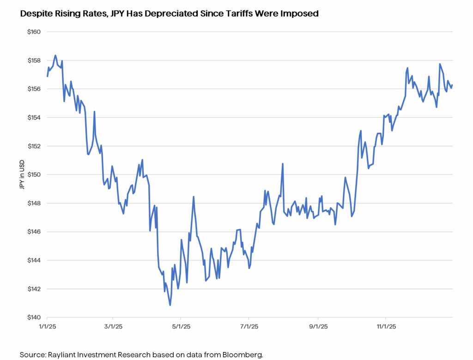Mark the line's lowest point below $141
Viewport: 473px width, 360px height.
(x=170, y=305)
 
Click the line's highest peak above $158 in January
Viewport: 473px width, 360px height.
(x=55, y=55)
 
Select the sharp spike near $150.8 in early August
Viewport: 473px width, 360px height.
(x=282, y=164)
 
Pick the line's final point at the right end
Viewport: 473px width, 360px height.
(x=452, y=85)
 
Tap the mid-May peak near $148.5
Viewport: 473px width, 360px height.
(x=194, y=197)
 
